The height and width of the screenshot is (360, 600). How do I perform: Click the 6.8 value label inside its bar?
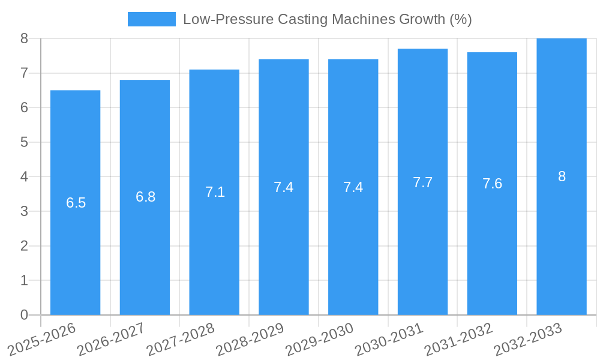point(145,197)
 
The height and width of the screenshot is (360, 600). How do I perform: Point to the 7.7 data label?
point(422,182)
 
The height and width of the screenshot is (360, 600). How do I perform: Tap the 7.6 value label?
point(492,184)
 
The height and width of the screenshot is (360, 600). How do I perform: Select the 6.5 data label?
point(76,203)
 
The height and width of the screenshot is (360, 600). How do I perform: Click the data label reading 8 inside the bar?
point(562,176)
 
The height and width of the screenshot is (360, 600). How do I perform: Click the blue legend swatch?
point(151,19)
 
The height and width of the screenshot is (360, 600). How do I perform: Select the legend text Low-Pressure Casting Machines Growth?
point(327,19)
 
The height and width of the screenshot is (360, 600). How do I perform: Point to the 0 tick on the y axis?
point(24,315)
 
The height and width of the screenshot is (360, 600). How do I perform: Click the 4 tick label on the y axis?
point(24,177)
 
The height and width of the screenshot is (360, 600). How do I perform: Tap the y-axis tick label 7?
point(24,73)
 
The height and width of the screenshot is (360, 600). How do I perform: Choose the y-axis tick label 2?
point(24,246)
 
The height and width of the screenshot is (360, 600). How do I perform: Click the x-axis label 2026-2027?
point(112,338)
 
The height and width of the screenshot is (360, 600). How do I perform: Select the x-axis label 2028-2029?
point(250,338)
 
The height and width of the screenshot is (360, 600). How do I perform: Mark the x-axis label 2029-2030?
point(320,338)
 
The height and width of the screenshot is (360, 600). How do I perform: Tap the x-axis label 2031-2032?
point(459,338)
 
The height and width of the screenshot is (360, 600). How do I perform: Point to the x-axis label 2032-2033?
point(529,338)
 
